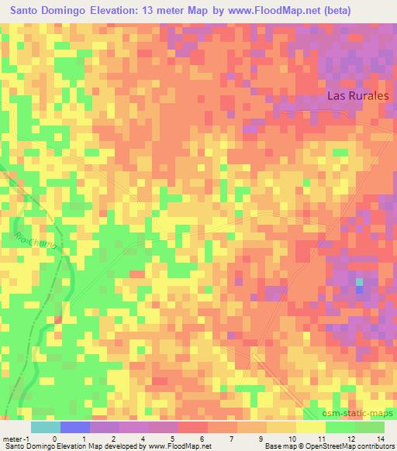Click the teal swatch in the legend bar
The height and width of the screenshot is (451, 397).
pyautogui.click(x=45, y=427)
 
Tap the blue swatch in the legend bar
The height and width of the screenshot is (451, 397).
pyautogui.click(x=74, y=427)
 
